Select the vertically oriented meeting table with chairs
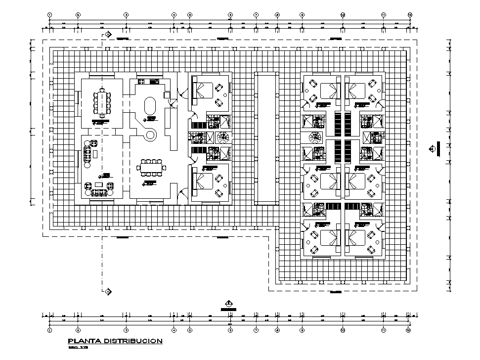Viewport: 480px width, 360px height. [x=103, y=102]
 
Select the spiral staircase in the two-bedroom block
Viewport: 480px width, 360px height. [x=223, y=137]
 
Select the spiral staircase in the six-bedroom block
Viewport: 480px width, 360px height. [x=314, y=137]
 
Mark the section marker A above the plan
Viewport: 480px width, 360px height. [x=108, y=34]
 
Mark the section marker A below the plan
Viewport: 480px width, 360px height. [x=108, y=291]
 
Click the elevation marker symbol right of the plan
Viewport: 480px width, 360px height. [x=433, y=147]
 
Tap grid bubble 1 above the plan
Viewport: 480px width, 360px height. [x=50, y=15]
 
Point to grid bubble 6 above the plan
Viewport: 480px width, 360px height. [x=230, y=15]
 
